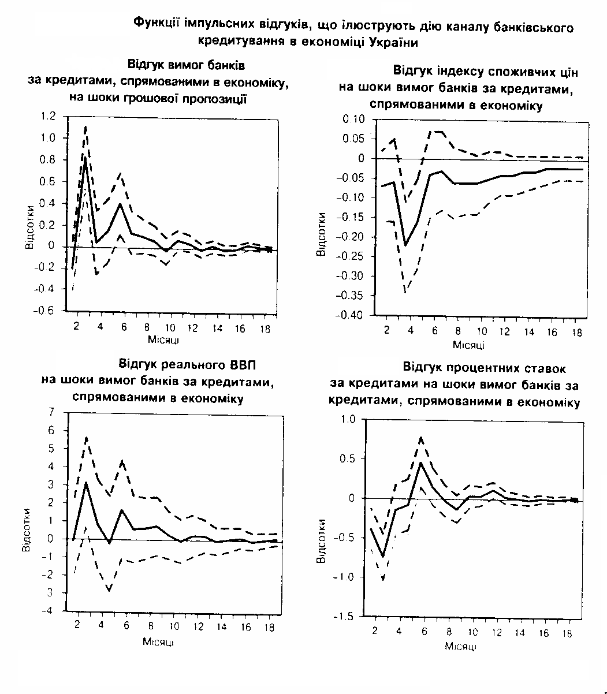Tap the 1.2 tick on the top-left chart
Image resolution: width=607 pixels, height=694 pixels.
coord(48,117)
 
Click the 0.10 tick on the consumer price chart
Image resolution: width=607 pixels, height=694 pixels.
coord(355,119)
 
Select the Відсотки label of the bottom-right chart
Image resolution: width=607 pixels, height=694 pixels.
coord(321,540)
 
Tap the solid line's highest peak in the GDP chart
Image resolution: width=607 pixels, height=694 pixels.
coord(86,482)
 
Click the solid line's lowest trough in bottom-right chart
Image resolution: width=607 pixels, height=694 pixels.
coord(382,557)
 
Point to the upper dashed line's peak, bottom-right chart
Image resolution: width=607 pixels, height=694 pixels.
coord(421,437)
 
